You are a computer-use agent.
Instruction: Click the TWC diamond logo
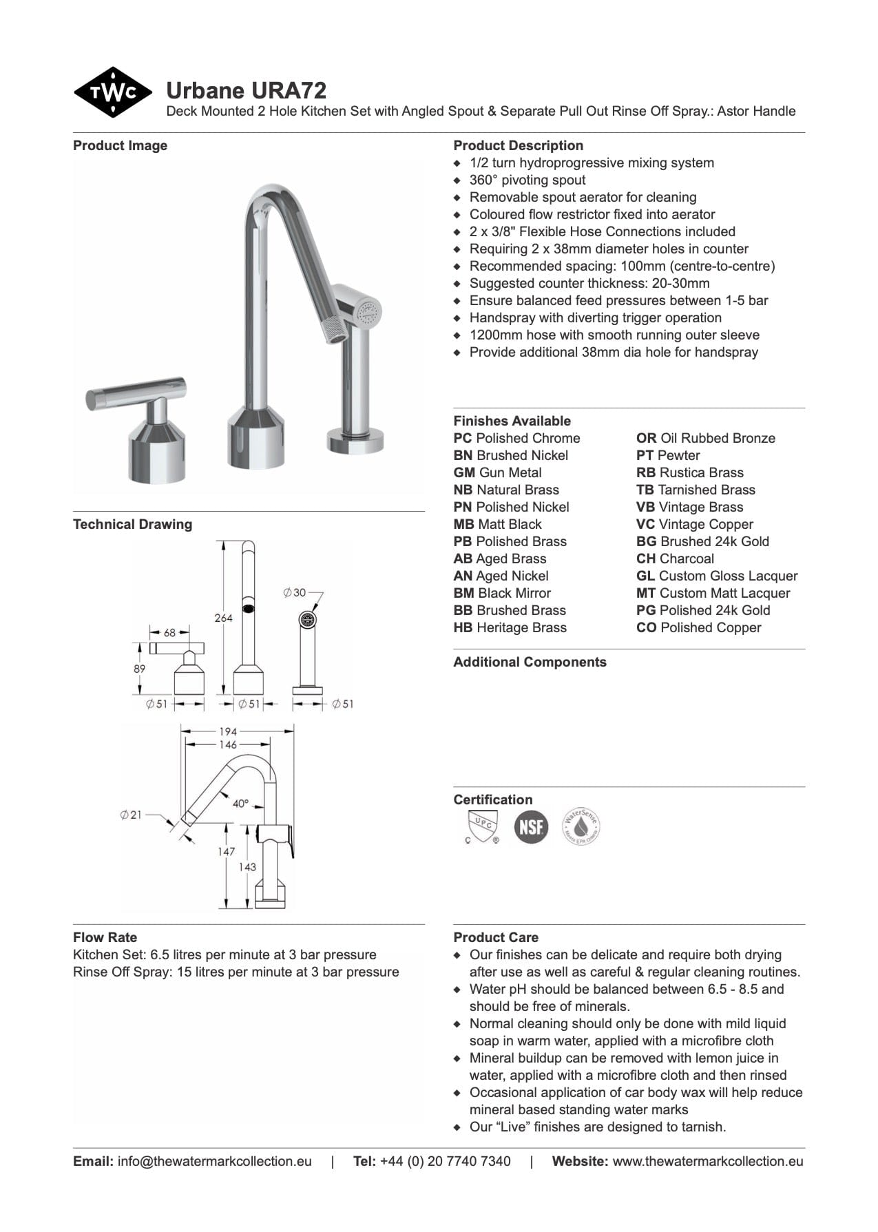113,92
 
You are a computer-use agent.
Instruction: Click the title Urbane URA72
246,91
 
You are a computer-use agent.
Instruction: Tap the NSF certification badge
531,826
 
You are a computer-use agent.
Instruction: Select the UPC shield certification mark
481,826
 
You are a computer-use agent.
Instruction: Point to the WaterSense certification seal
581,826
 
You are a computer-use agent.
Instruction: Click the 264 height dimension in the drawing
223,618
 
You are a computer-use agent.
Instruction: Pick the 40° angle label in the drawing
240,804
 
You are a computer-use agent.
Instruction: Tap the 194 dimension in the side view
227,731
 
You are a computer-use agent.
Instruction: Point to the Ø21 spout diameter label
130,815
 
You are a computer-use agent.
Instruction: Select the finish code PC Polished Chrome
516,438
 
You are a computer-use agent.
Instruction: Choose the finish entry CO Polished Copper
698,627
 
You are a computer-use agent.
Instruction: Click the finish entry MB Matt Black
497,524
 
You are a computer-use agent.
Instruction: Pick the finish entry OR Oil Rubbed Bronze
705,438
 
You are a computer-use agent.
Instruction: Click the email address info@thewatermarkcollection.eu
214,1161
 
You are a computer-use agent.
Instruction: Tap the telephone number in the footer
445,1161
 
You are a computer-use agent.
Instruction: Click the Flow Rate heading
105,937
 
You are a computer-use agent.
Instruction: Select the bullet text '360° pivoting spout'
527,180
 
